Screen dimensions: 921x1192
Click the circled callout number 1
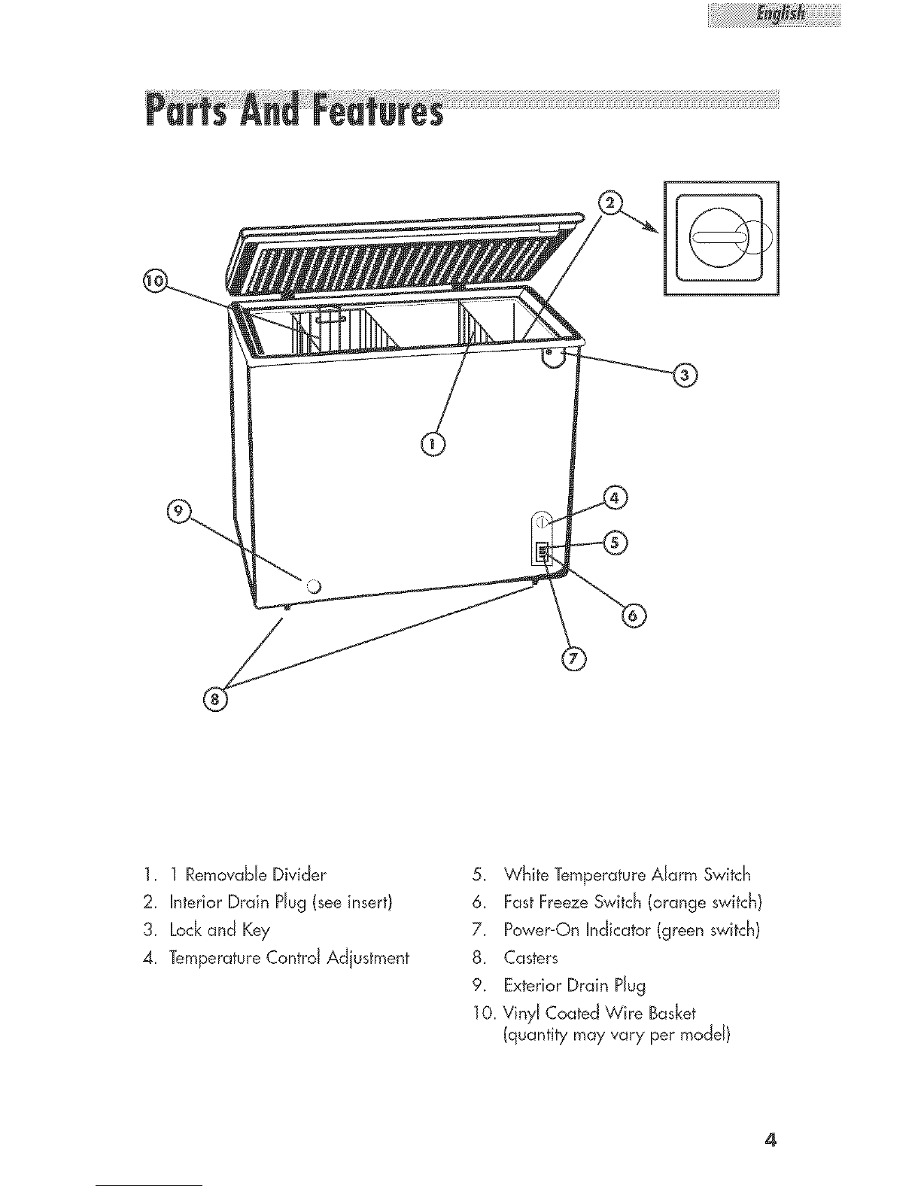tap(433, 445)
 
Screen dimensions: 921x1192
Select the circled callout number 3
tap(685, 374)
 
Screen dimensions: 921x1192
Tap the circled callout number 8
tap(215, 699)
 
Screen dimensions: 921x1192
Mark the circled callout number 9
tap(178, 511)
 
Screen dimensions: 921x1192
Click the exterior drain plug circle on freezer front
tap(314, 585)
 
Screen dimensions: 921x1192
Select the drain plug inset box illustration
tap(721, 239)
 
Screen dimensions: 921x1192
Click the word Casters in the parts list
tap(532, 958)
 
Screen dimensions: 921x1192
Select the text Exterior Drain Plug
tap(564, 985)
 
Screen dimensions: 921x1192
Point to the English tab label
tap(774, 14)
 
